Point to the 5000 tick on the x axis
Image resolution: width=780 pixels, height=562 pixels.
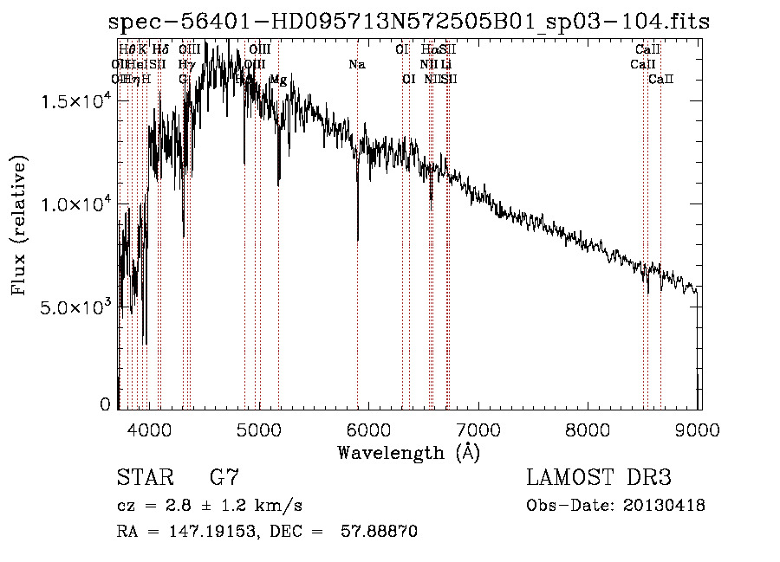pos(259,428)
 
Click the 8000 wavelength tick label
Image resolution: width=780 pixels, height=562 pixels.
pos(589,428)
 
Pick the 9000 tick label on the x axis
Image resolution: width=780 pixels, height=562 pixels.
pos(699,428)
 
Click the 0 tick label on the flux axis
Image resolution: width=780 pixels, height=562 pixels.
pos(106,404)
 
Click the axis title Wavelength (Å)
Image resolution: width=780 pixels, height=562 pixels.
pos(408,452)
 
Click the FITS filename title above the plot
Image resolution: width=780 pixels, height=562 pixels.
pos(408,23)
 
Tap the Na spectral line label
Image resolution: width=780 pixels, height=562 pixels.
pos(356,65)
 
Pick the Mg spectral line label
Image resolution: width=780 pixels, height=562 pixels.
pos(278,80)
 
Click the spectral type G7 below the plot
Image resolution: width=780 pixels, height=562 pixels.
pos(224,477)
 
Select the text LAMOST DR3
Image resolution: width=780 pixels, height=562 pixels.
pos(599,477)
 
